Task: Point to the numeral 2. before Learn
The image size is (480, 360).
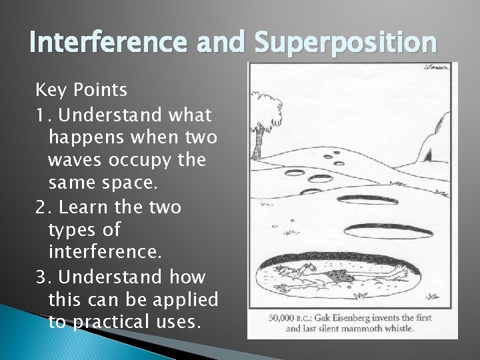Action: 44,207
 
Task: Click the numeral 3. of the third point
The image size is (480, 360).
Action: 44,277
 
